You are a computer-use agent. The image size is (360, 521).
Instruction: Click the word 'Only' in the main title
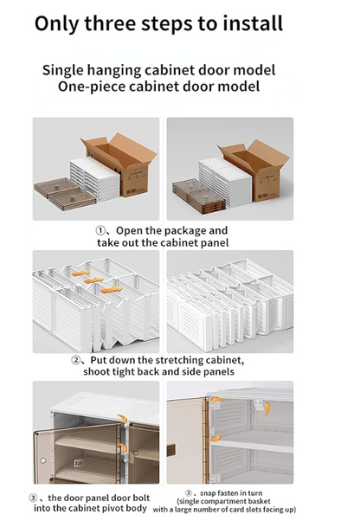point(59,23)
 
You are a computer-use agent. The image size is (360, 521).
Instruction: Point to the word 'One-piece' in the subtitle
point(94,87)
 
